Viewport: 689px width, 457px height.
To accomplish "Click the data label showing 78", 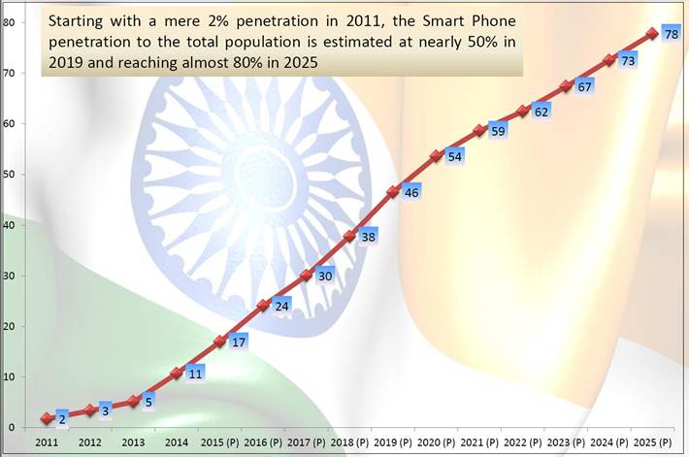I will tap(671, 35).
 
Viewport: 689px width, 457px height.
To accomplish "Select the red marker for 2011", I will tap(46, 418).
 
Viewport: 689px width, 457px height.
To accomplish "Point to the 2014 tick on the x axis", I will tap(177, 441).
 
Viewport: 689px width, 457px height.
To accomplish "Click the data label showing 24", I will tap(279, 307).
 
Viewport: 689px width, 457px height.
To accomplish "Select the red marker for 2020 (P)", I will tap(436, 155).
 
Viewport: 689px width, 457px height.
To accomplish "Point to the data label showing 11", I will tap(194, 373).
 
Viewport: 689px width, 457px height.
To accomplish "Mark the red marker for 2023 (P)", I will tap(566, 86).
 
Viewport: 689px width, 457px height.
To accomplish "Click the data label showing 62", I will tap(541, 113).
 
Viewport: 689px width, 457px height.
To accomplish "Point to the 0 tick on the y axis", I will tap(10, 427).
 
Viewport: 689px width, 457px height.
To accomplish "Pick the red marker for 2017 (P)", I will tap(306, 276).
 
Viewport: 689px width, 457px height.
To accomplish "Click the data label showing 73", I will tap(627, 61).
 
